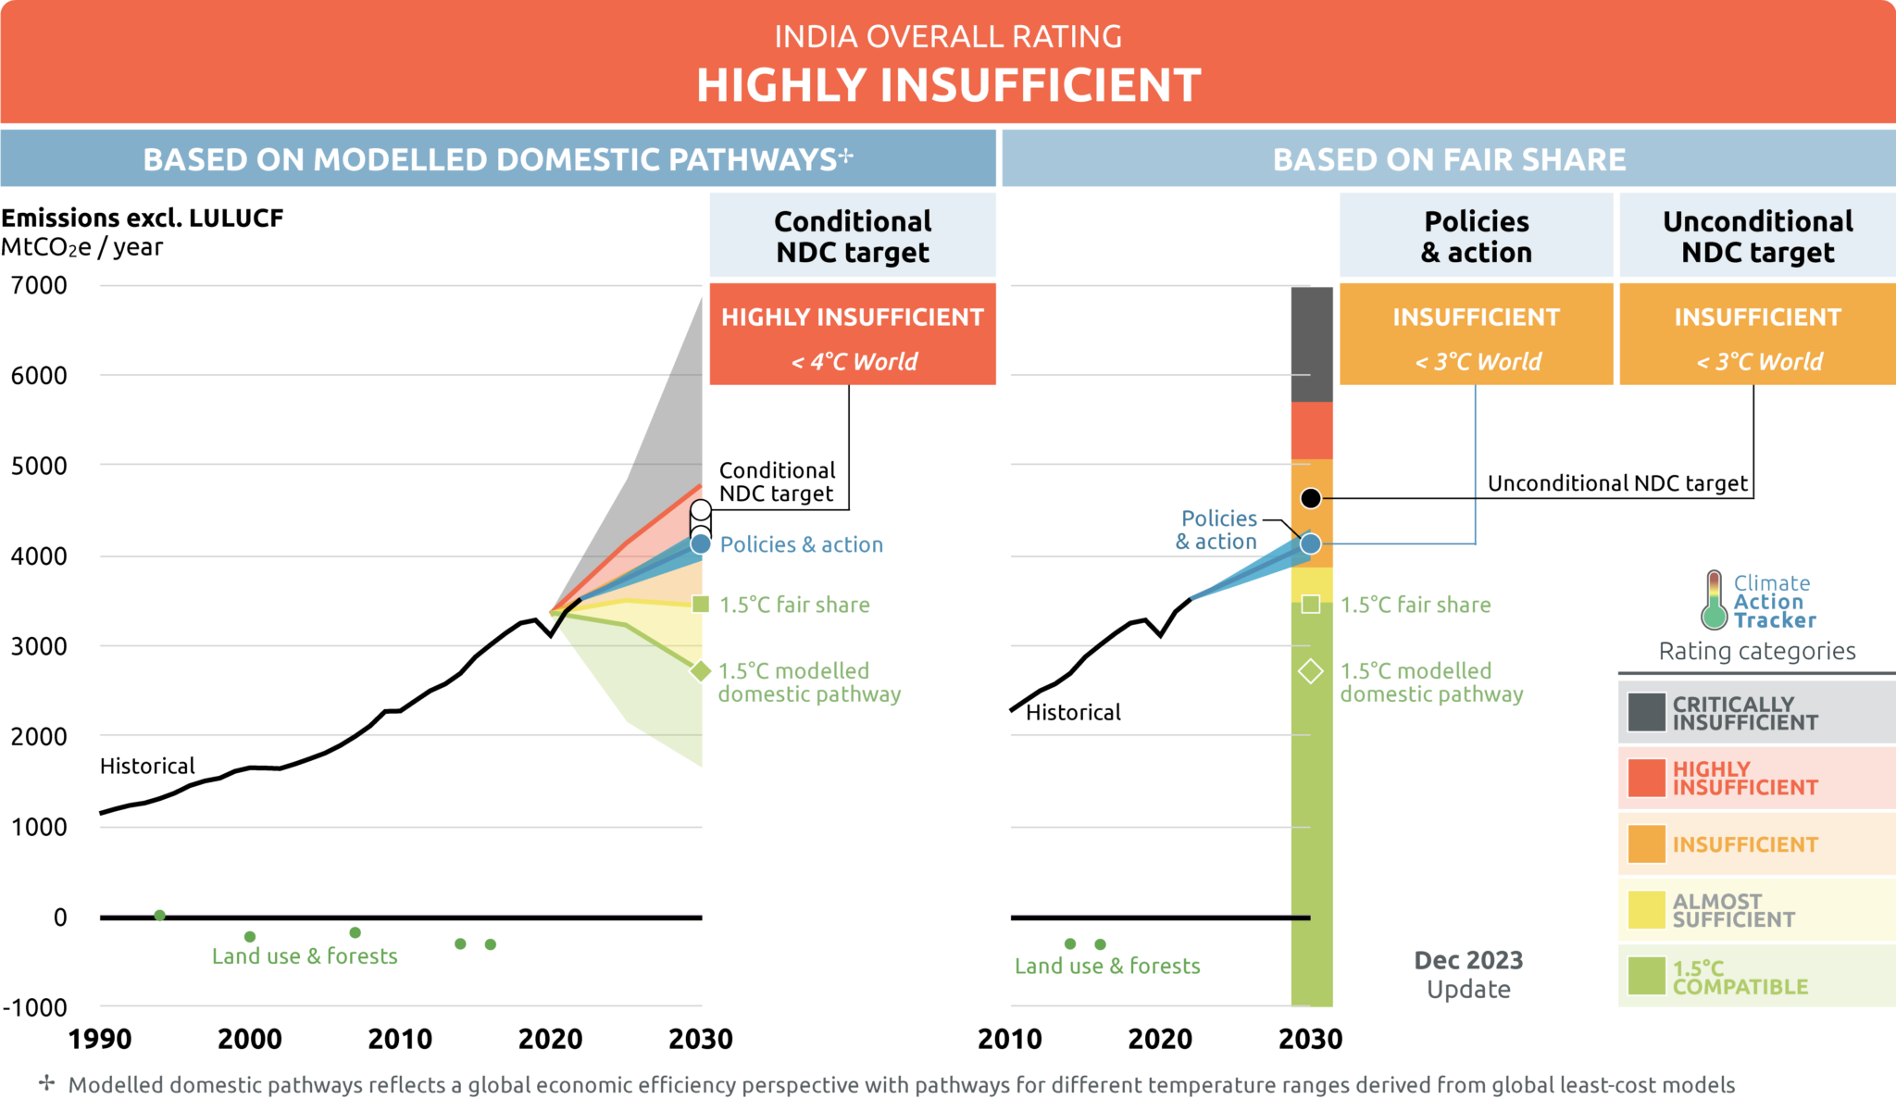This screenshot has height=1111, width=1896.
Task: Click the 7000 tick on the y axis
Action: [x=39, y=285]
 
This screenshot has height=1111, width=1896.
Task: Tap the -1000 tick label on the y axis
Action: [x=35, y=1007]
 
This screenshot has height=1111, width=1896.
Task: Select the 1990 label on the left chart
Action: [x=100, y=1039]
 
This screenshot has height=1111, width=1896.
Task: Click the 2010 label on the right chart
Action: [x=1010, y=1039]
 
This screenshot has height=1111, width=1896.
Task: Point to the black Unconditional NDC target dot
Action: [x=1311, y=498]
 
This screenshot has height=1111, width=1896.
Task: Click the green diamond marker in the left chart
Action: [x=701, y=671]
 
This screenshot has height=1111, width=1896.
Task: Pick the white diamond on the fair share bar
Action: [x=1311, y=671]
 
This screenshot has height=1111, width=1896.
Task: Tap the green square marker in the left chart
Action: [x=701, y=605]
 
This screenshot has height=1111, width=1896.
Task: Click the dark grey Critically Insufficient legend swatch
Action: [x=1646, y=713]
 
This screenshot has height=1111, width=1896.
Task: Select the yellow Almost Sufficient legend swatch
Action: [x=1646, y=910]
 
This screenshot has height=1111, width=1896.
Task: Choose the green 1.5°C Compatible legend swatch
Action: [x=1646, y=977]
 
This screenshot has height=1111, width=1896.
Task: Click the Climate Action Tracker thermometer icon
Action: [x=1714, y=601]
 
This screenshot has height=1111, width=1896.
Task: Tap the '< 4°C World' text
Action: [x=854, y=362]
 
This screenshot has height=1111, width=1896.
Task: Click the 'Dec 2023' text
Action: [x=1468, y=960]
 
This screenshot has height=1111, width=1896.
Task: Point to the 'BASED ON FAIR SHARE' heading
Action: [x=1449, y=159]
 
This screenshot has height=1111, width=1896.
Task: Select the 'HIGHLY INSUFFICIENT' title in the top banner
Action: [x=948, y=85]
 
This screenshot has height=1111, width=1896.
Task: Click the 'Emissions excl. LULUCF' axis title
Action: [x=143, y=218]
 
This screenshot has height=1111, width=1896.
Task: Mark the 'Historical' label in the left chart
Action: [x=147, y=767]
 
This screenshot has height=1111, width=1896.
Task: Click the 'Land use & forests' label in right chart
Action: [x=1107, y=967]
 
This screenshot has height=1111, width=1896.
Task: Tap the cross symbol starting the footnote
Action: [x=46, y=1083]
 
